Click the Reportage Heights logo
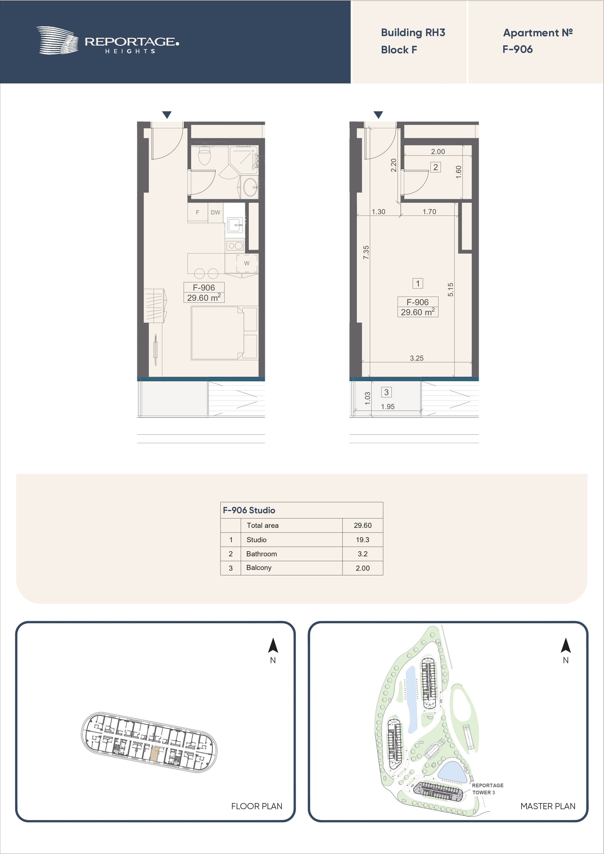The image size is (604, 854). coord(108,41)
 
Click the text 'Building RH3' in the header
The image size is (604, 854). coord(413,33)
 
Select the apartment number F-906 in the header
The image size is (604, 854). coord(517,49)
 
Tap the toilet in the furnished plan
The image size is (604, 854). coord(204,155)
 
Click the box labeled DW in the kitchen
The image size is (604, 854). coord(215,212)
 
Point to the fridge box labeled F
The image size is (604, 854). coord(198,212)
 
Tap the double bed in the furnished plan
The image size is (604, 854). coord(217,333)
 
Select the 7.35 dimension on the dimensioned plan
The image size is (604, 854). coord(366,252)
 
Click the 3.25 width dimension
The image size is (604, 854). coord(417,358)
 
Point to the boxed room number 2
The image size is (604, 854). coord(435,167)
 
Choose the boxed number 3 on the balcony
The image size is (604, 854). coord(386,392)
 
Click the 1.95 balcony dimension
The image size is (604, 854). coord(387,407)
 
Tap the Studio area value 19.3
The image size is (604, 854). coord(362,540)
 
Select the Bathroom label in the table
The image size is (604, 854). coord(262,554)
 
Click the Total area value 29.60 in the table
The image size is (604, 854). coord(362,525)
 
